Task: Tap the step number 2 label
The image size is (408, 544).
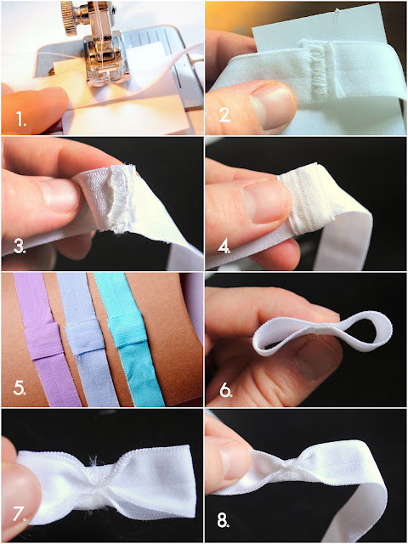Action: (224, 115)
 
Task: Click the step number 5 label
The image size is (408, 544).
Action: (20, 388)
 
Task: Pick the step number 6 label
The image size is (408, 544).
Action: (226, 391)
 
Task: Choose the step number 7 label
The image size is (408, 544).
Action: (20, 513)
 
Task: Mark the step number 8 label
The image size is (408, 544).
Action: (224, 520)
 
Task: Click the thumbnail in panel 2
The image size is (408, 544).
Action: (272, 105)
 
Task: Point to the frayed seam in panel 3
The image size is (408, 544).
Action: (121, 198)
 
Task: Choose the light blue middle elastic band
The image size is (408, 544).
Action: (87, 340)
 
